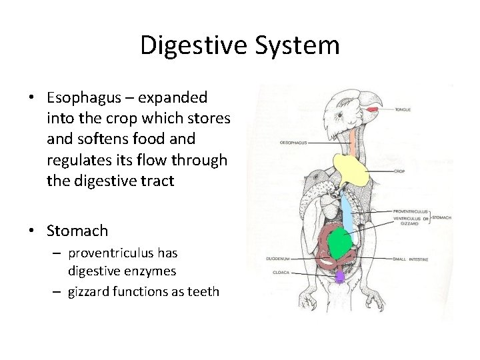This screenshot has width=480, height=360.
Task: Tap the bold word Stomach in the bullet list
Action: pos(77,231)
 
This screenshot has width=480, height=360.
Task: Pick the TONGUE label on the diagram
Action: pos(403,109)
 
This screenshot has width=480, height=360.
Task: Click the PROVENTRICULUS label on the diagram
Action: pos(412,211)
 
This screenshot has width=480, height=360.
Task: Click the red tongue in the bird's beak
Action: pos(371,109)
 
